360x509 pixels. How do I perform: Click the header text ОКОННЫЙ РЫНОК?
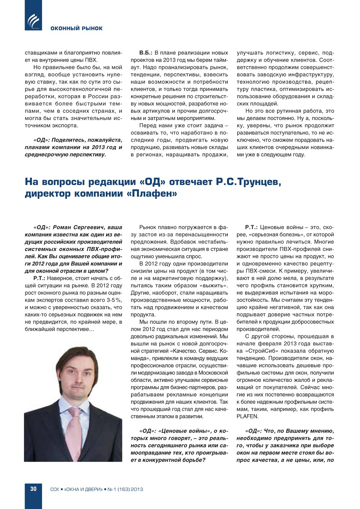point(76,28)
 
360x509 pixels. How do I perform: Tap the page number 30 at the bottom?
point(33,489)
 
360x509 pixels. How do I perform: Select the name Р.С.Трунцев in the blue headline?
point(248,182)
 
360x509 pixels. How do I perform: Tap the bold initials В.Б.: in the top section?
point(146,53)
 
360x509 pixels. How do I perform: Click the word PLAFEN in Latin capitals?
point(247,416)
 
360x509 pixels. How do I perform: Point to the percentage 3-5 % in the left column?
point(114,300)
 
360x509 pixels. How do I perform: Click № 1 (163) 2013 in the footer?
point(125,489)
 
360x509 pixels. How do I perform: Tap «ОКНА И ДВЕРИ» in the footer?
point(83,489)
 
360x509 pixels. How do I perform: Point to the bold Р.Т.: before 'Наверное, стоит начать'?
point(39,278)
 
